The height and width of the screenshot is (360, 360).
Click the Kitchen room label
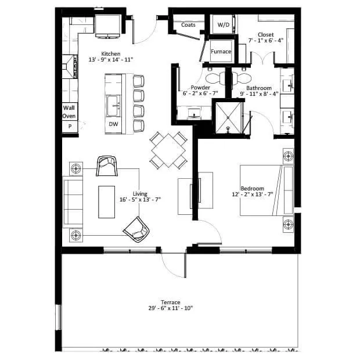point(111,54)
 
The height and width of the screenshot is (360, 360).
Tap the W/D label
point(224,25)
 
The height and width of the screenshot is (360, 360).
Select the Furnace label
point(221,52)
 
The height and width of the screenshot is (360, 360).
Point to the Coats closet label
point(188,25)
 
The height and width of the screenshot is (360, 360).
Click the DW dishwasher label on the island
point(113,124)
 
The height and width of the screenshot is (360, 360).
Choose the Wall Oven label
point(69,112)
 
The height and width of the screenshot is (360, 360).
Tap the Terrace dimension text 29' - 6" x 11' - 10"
point(171,308)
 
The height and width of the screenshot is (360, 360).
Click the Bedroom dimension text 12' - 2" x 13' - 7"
point(253,195)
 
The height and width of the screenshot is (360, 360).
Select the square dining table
point(168,150)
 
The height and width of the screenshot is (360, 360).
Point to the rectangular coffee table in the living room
point(106,202)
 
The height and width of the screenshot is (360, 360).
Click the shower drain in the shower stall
point(228,117)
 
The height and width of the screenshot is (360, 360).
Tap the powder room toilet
point(215,78)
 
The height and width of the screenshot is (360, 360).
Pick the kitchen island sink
point(113,106)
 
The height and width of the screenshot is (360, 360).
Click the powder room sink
point(195,113)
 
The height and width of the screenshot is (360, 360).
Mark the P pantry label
point(70,126)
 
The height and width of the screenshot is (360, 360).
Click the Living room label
point(140,194)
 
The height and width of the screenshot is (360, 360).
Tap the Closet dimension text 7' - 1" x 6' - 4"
point(266,41)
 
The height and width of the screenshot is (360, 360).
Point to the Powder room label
point(200,88)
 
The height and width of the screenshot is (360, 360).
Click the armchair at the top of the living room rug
point(107,166)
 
